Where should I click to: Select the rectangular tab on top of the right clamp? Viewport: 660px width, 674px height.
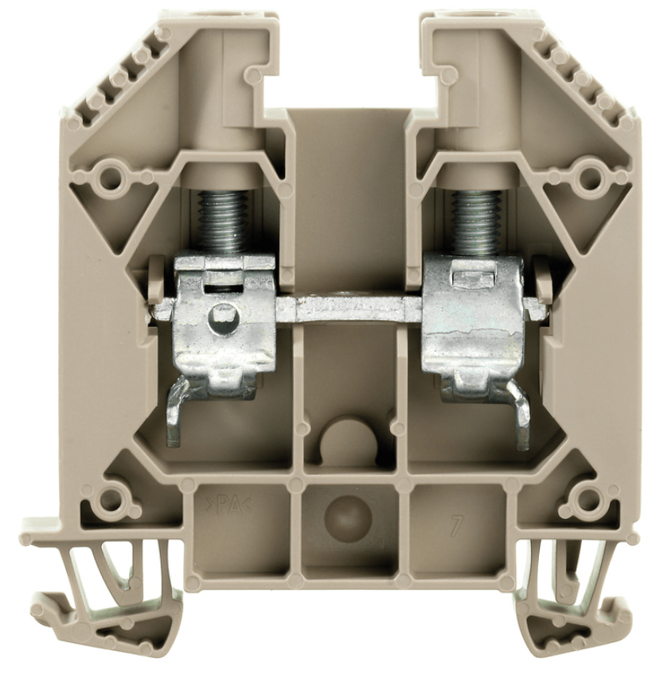[x=470, y=275]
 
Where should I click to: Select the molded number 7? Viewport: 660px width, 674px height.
[x=455, y=524]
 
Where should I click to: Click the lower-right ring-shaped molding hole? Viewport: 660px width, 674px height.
[x=588, y=500]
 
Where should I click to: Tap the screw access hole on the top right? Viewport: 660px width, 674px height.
[x=460, y=17]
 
